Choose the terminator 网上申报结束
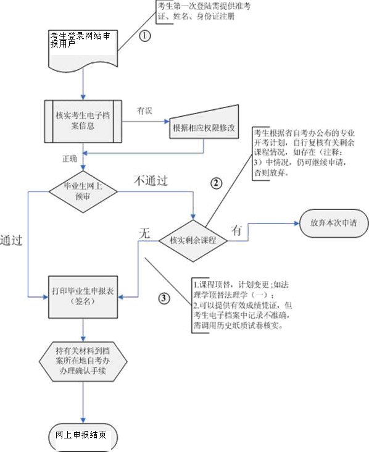pyautogui.click(x=81, y=435)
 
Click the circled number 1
pyautogui.click(x=146, y=36)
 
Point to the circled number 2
pyautogui.click(x=215, y=183)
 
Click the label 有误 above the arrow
pyautogui.click(x=144, y=111)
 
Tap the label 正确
pyautogui.click(x=70, y=158)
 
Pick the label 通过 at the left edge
pyautogui.click(x=12, y=240)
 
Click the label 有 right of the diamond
pyautogui.click(x=236, y=229)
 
